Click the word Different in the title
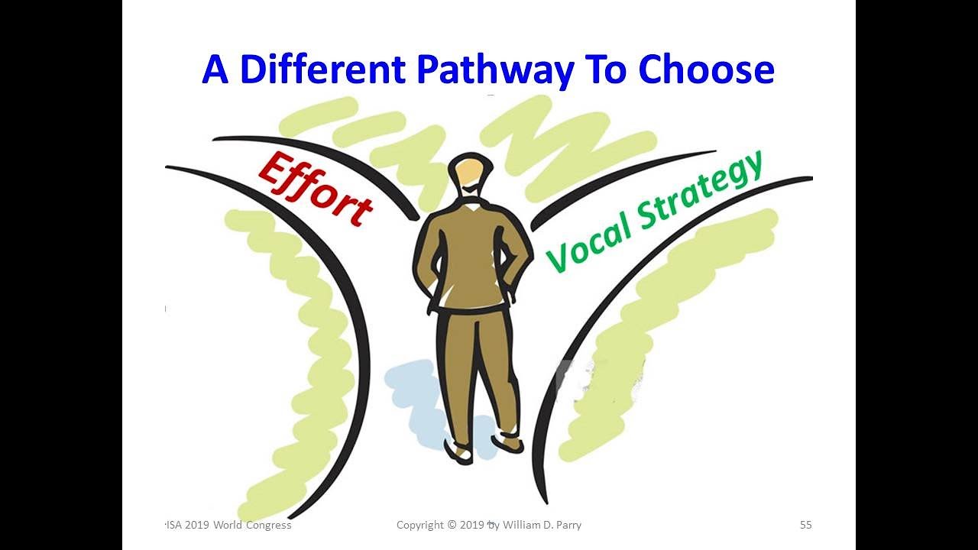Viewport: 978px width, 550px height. [322, 70]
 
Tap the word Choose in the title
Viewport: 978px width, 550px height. [706, 70]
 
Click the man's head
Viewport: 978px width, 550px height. [469, 175]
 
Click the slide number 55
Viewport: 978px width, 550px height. [805, 525]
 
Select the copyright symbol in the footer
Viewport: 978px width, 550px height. [452, 525]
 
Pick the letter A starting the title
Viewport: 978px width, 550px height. [215, 70]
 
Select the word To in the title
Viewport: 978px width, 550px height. [604, 70]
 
